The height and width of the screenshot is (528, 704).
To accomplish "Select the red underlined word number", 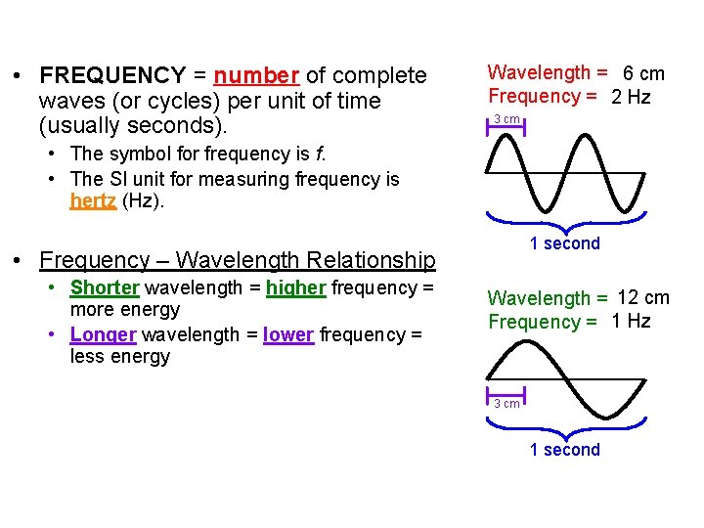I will point(256,76).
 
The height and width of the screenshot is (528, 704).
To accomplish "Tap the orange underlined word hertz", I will point(93,201).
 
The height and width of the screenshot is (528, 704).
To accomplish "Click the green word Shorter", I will point(105,287).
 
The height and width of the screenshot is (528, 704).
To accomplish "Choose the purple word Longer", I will point(103,334).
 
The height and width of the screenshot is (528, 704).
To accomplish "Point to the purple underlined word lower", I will point(288,334).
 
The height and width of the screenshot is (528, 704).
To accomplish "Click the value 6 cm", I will point(643,73).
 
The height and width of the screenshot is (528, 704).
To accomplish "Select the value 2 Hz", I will point(631,97).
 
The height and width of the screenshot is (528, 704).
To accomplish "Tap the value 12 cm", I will point(643,297).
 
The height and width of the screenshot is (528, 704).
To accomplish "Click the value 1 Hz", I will point(631,322).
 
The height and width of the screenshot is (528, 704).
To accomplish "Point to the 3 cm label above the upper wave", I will point(506,119).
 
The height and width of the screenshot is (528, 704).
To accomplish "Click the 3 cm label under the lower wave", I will point(506,404).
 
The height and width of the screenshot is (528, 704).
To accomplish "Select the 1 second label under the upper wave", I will point(564,243).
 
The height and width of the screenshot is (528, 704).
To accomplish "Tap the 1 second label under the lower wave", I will point(564,450).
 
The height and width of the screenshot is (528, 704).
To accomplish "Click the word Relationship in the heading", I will point(371,260).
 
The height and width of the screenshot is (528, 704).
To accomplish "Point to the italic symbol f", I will point(321,154).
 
